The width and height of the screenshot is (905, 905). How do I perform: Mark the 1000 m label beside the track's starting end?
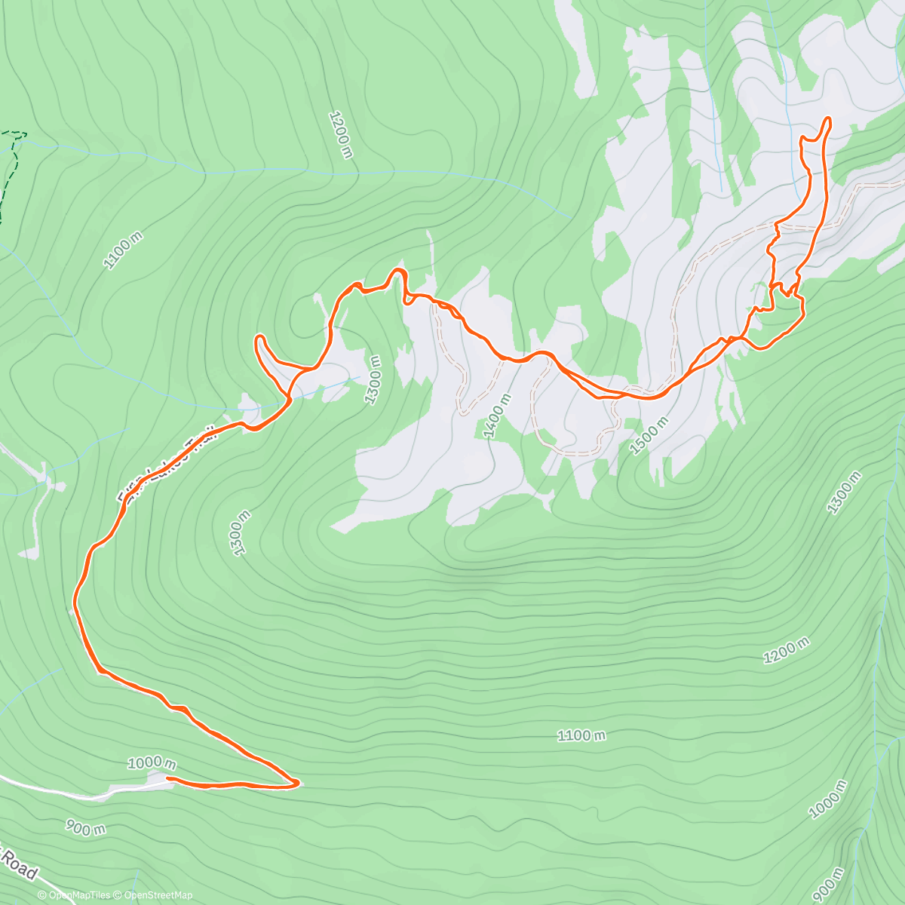click(152, 763)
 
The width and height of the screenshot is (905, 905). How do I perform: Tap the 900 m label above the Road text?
click(84, 828)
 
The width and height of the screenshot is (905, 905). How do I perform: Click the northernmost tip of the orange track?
click(827, 118)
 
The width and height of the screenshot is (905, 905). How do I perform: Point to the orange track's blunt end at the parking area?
click(167, 778)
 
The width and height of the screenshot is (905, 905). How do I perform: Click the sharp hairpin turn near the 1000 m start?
click(296, 783)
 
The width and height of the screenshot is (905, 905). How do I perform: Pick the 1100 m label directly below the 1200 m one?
click(581, 735)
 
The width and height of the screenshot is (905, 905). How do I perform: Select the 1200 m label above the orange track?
click(341, 134)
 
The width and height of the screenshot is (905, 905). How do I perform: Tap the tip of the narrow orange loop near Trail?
click(259, 337)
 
